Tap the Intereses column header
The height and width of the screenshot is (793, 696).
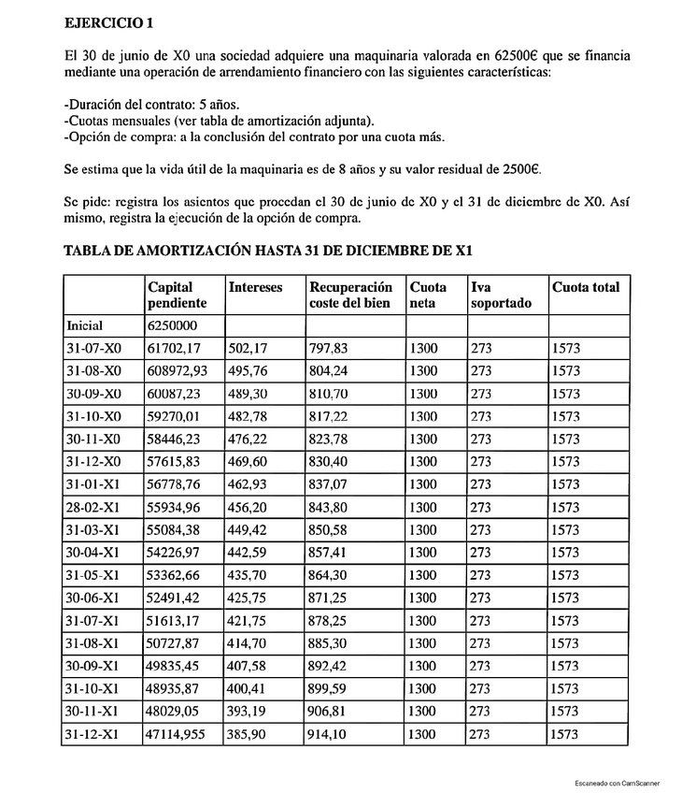point(255,288)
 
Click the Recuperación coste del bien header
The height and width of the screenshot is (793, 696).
point(350,296)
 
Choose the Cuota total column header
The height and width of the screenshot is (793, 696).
point(586,288)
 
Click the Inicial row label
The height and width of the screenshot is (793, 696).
point(85,325)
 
